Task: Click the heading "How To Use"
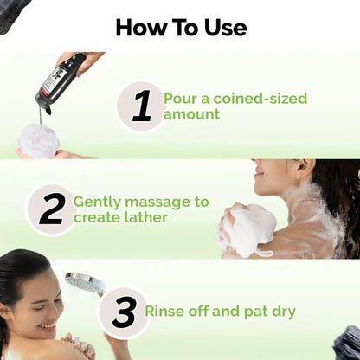180,27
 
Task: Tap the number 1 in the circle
141,106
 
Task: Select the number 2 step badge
51,209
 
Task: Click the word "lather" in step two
145,218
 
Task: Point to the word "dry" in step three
281,312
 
